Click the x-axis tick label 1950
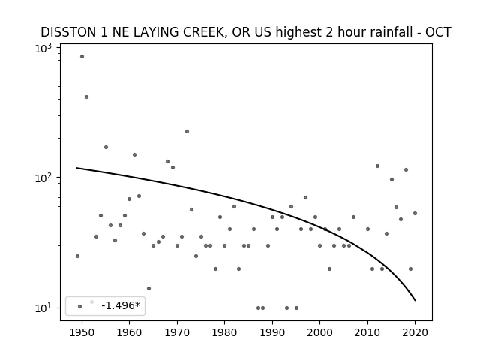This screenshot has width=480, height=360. pos(82,332)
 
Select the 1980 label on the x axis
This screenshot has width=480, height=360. pos(224,332)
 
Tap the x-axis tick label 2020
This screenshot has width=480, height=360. pos(415,332)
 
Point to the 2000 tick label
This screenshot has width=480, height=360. pos(320,332)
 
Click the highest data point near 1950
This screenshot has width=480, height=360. pos(82,57)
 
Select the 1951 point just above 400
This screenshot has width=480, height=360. pos(87,97)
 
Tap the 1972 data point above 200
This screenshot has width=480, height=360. pos(187,132)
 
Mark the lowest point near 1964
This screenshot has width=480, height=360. pos(148,288)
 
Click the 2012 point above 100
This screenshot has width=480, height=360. pos(377,166)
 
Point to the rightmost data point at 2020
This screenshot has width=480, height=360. pos(415,213)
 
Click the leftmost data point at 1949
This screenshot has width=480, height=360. pos(77,256)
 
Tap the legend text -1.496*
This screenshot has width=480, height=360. pos(121,305)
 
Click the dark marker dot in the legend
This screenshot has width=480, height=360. pos(80,307)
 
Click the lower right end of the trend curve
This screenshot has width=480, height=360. pos(415,300)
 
